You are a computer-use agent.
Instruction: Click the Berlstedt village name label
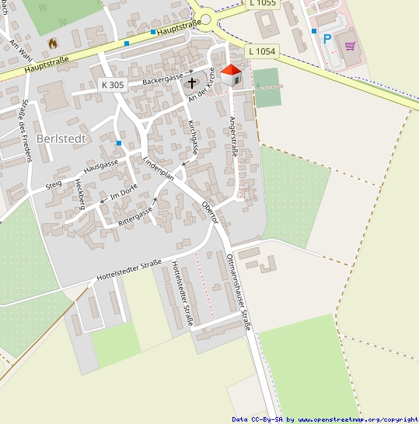point(61,138)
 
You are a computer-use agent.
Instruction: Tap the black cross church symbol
point(193,81)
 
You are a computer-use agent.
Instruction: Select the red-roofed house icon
point(232,75)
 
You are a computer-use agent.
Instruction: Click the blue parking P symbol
point(327,38)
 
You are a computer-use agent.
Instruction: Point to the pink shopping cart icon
point(350,45)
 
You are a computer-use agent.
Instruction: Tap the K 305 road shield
point(113,84)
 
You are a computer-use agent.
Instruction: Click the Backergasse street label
point(164,80)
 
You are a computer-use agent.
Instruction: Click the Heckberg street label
point(80,194)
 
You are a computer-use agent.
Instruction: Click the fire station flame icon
point(53,44)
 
